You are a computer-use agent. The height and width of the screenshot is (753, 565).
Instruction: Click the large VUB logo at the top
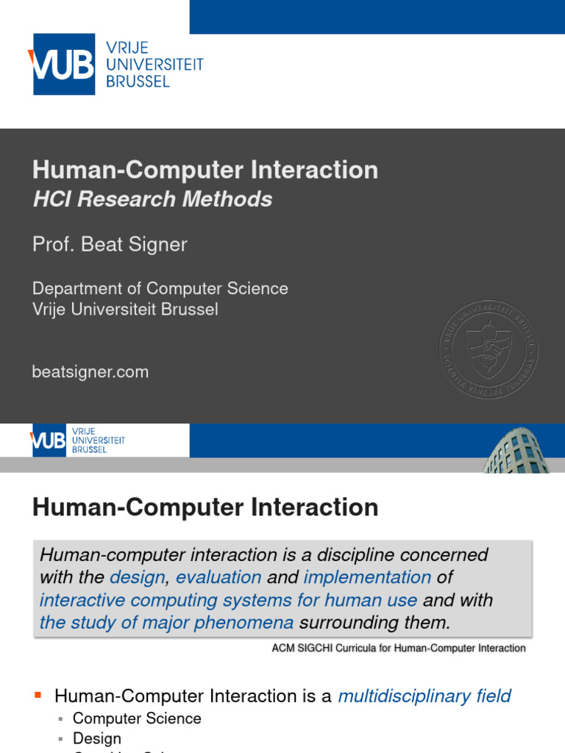click(x=116, y=64)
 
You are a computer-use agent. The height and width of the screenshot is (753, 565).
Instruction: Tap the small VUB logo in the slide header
click(x=77, y=440)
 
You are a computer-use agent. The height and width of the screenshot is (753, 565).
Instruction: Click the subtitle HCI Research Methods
click(x=152, y=199)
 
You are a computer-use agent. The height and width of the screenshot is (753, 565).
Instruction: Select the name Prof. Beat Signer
click(x=110, y=245)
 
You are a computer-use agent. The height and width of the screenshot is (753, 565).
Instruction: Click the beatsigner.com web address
click(x=90, y=372)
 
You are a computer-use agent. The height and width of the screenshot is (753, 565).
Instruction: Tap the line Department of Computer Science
click(x=160, y=288)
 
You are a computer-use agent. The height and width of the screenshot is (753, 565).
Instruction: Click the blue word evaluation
click(x=218, y=577)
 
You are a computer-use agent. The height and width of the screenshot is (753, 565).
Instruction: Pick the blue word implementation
click(x=367, y=577)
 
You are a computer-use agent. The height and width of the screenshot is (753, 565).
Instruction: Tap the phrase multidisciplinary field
click(x=424, y=696)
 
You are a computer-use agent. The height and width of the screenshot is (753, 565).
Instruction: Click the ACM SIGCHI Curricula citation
click(x=399, y=648)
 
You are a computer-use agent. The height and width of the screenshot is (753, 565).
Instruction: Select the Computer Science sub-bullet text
click(x=137, y=718)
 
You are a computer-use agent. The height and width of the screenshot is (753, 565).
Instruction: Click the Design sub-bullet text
click(x=97, y=738)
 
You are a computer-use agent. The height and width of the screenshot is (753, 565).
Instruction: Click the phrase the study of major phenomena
click(x=166, y=623)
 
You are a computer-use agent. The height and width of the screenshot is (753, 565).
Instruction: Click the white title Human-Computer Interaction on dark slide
click(x=205, y=170)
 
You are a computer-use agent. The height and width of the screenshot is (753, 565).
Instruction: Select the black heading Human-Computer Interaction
click(x=205, y=507)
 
